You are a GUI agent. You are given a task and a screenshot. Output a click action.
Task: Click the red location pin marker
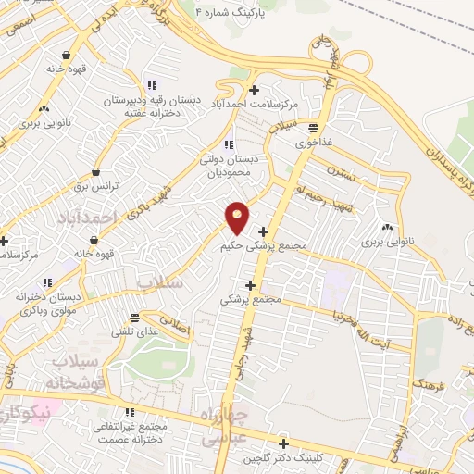coord(238,218)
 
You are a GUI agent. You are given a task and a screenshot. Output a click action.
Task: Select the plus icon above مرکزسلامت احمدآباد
coord(255,89)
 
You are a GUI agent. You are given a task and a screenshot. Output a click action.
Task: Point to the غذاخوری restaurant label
coord(314,143)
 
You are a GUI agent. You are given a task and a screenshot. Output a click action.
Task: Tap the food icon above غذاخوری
coord(314,129)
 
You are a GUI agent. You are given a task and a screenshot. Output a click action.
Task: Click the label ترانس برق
coord(93,186)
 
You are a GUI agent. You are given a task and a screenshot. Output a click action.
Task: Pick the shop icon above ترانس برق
coord(95,171)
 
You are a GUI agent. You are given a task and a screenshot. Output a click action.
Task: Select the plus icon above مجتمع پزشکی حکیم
coord(264,231)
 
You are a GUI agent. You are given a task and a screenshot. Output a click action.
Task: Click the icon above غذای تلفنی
coord(136,316)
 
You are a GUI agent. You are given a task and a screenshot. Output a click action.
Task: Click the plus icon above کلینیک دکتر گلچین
coord(282,443)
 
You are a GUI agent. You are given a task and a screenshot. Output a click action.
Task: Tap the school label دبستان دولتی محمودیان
coord(231,166)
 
